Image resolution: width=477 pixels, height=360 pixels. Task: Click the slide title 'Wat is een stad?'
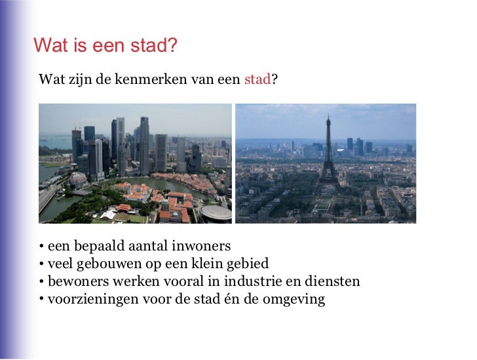[x=105, y=46]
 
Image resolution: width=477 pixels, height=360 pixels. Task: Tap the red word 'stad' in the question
[x=257, y=81]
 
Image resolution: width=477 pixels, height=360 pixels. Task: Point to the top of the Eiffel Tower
[x=328, y=117]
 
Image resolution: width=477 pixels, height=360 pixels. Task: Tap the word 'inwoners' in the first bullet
[x=203, y=247]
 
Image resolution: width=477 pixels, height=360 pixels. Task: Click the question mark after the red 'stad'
[x=274, y=81]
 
